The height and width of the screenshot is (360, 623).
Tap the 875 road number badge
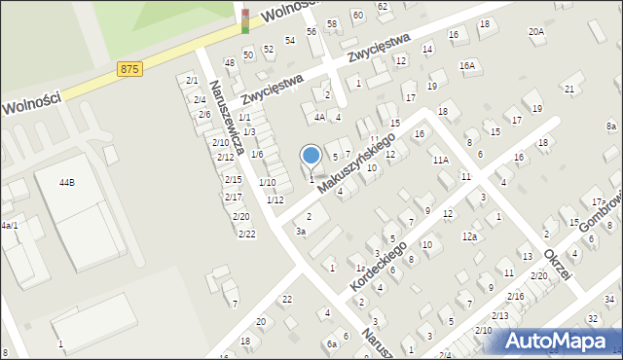[128, 68]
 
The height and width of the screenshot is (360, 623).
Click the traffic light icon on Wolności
[245, 19]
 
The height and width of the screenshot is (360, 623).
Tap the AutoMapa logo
[561, 342]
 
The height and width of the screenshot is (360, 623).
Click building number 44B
[66, 182]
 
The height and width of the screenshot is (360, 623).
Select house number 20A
[536, 31]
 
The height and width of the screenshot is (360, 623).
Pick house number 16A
[468, 66]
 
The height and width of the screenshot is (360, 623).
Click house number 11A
[440, 160]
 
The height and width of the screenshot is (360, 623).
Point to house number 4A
[318, 117]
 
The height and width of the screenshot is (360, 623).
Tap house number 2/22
[247, 234]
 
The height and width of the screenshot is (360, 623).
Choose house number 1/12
[275, 199]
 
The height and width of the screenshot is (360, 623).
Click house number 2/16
[515, 296]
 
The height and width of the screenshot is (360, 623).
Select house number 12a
[470, 236]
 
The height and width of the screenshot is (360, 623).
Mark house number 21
[569, 89]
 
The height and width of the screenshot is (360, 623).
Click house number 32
[593, 318]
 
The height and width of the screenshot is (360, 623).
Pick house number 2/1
[192, 80]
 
